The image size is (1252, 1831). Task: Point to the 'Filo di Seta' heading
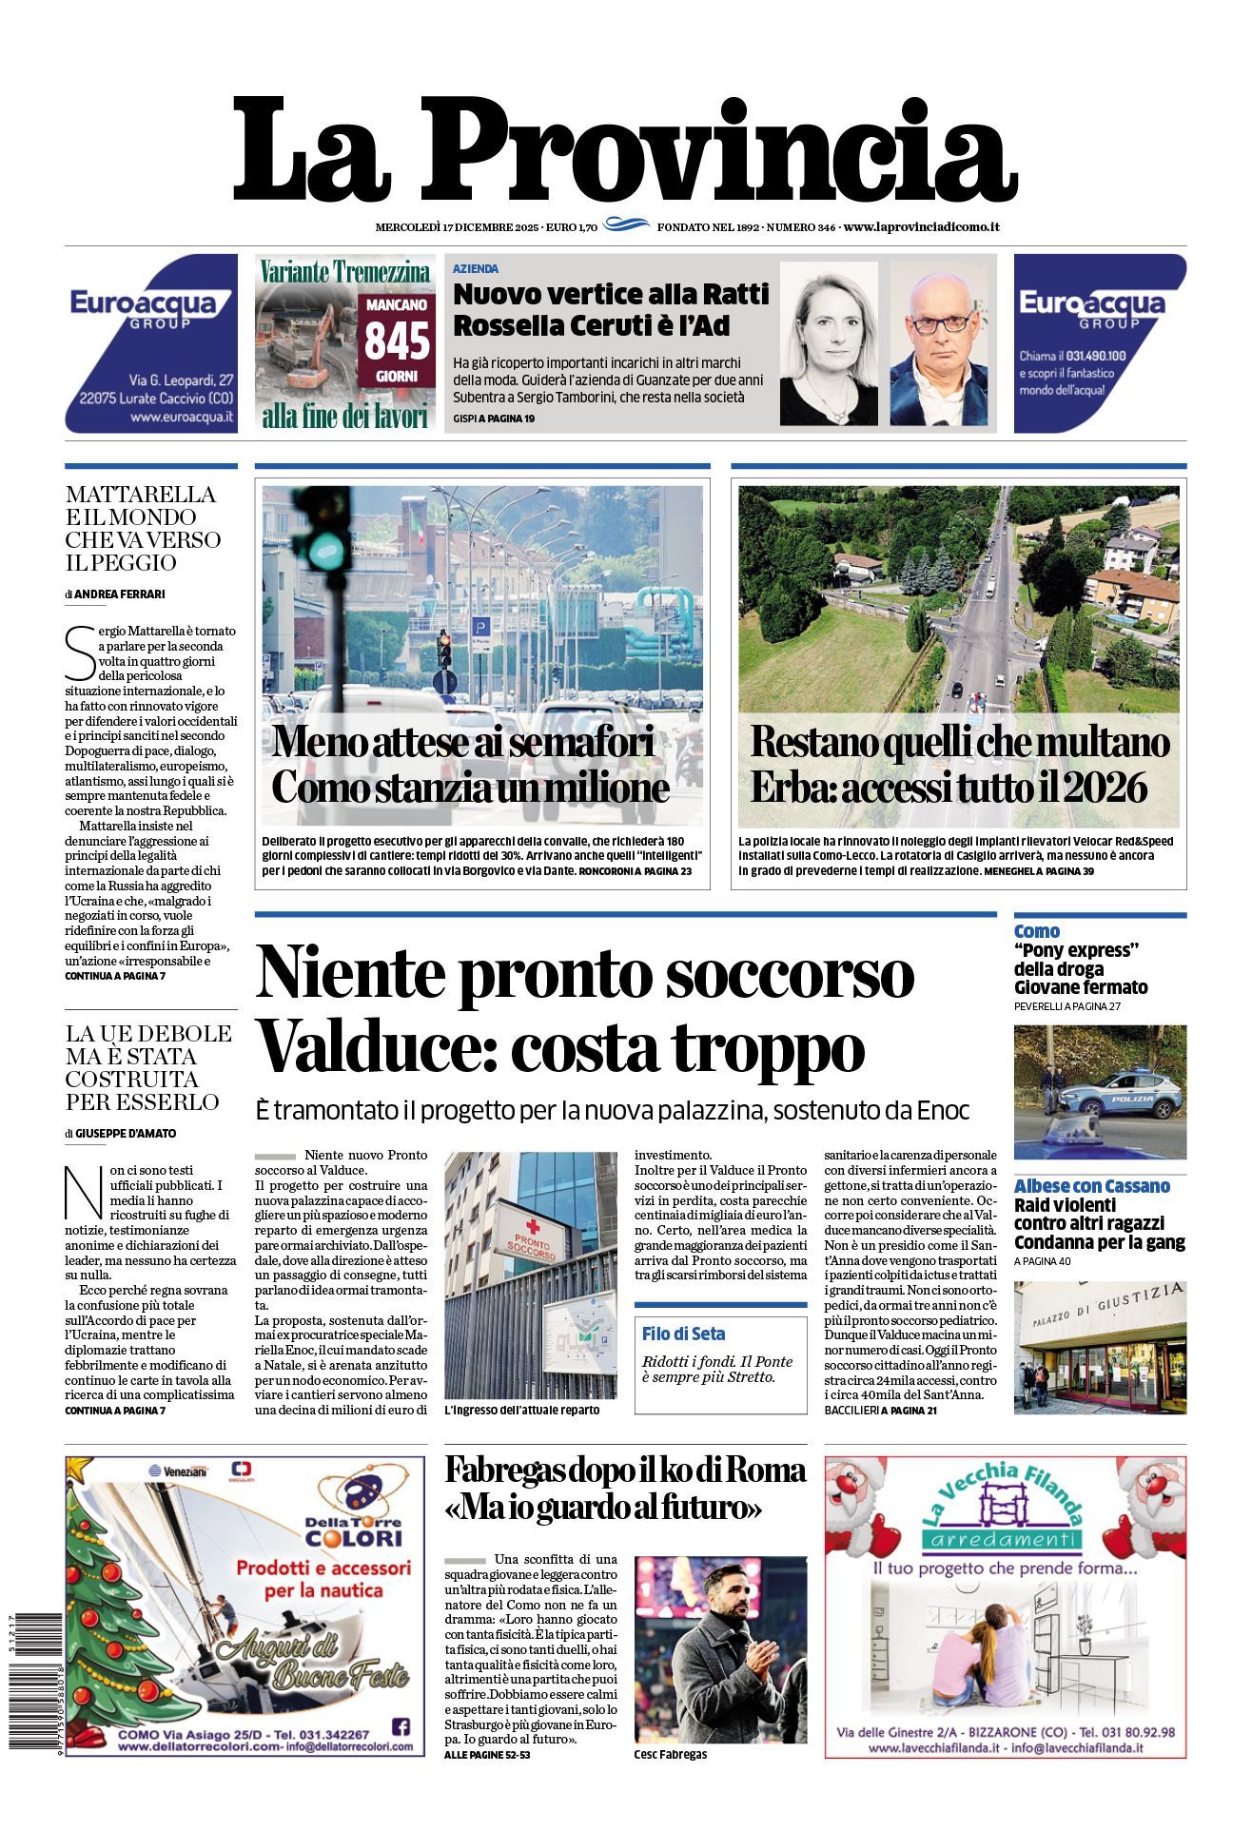[x=683, y=1334]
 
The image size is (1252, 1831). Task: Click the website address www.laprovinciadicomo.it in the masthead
[x=921, y=226]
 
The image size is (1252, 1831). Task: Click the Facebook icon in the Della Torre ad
[x=401, y=1726]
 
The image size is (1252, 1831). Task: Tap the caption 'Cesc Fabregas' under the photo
[x=671, y=1754]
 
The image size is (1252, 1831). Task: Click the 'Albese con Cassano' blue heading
[x=1091, y=1186]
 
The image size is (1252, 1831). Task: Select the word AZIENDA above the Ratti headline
[x=476, y=269]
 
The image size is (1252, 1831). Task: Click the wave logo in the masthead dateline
[x=627, y=225]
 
